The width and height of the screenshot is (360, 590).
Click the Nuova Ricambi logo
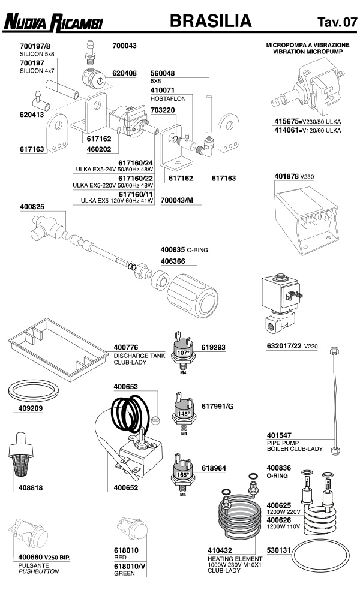[x=55, y=23]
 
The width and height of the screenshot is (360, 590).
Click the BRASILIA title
[x=210, y=22]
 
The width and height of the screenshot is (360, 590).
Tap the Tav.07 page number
[x=333, y=23]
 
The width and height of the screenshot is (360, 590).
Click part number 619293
[x=214, y=347]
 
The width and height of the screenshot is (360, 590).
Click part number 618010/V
[x=128, y=565]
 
